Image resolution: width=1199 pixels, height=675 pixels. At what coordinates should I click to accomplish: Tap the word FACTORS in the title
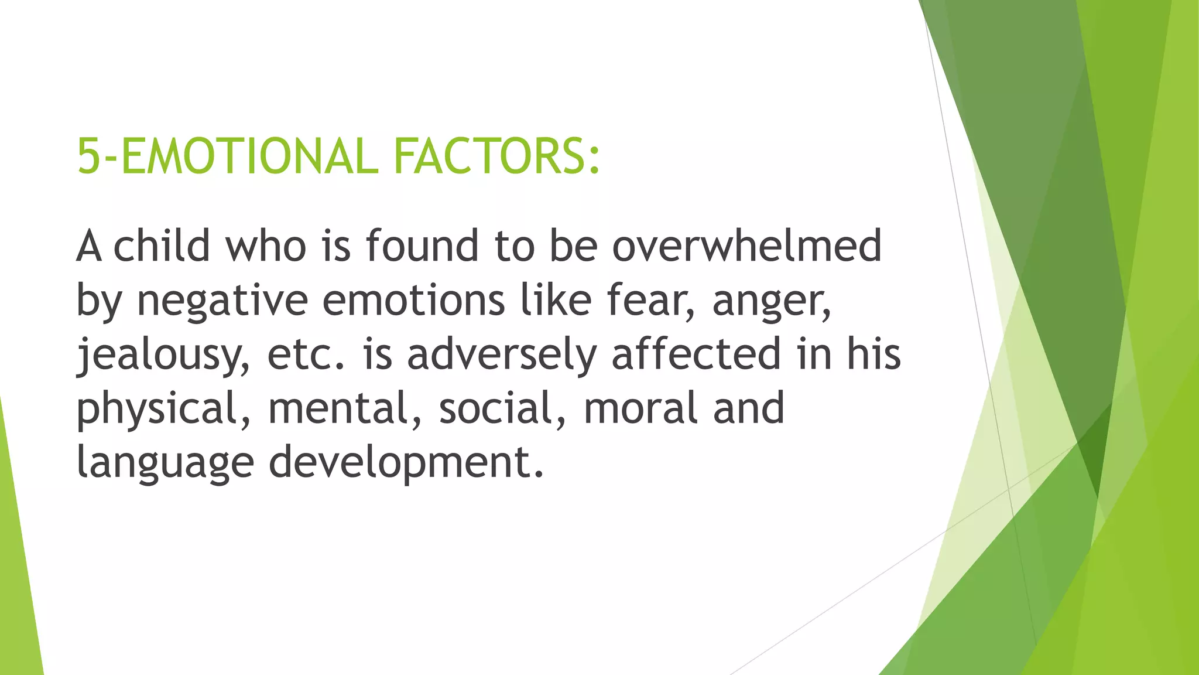(x=489, y=156)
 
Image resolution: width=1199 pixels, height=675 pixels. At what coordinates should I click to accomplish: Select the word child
(x=162, y=246)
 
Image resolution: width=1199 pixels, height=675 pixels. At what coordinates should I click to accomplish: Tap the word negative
(x=222, y=300)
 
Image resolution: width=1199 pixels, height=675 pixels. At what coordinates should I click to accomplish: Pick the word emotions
(x=413, y=300)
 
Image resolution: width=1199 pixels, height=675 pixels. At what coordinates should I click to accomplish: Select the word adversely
(x=502, y=355)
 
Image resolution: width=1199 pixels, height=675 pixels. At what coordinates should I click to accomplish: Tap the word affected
(x=696, y=354)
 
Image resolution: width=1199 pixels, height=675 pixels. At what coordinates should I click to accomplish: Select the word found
(x=422, y=246)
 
